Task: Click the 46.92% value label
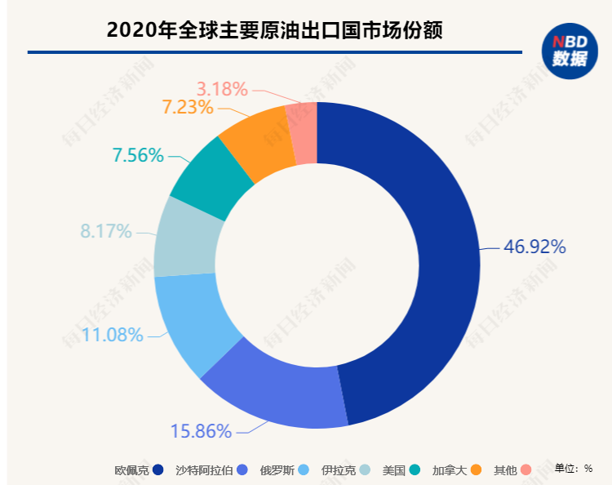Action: [x=534, y=247]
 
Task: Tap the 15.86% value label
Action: [x=201, y=431]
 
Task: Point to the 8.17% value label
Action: [x=105, y=231]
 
